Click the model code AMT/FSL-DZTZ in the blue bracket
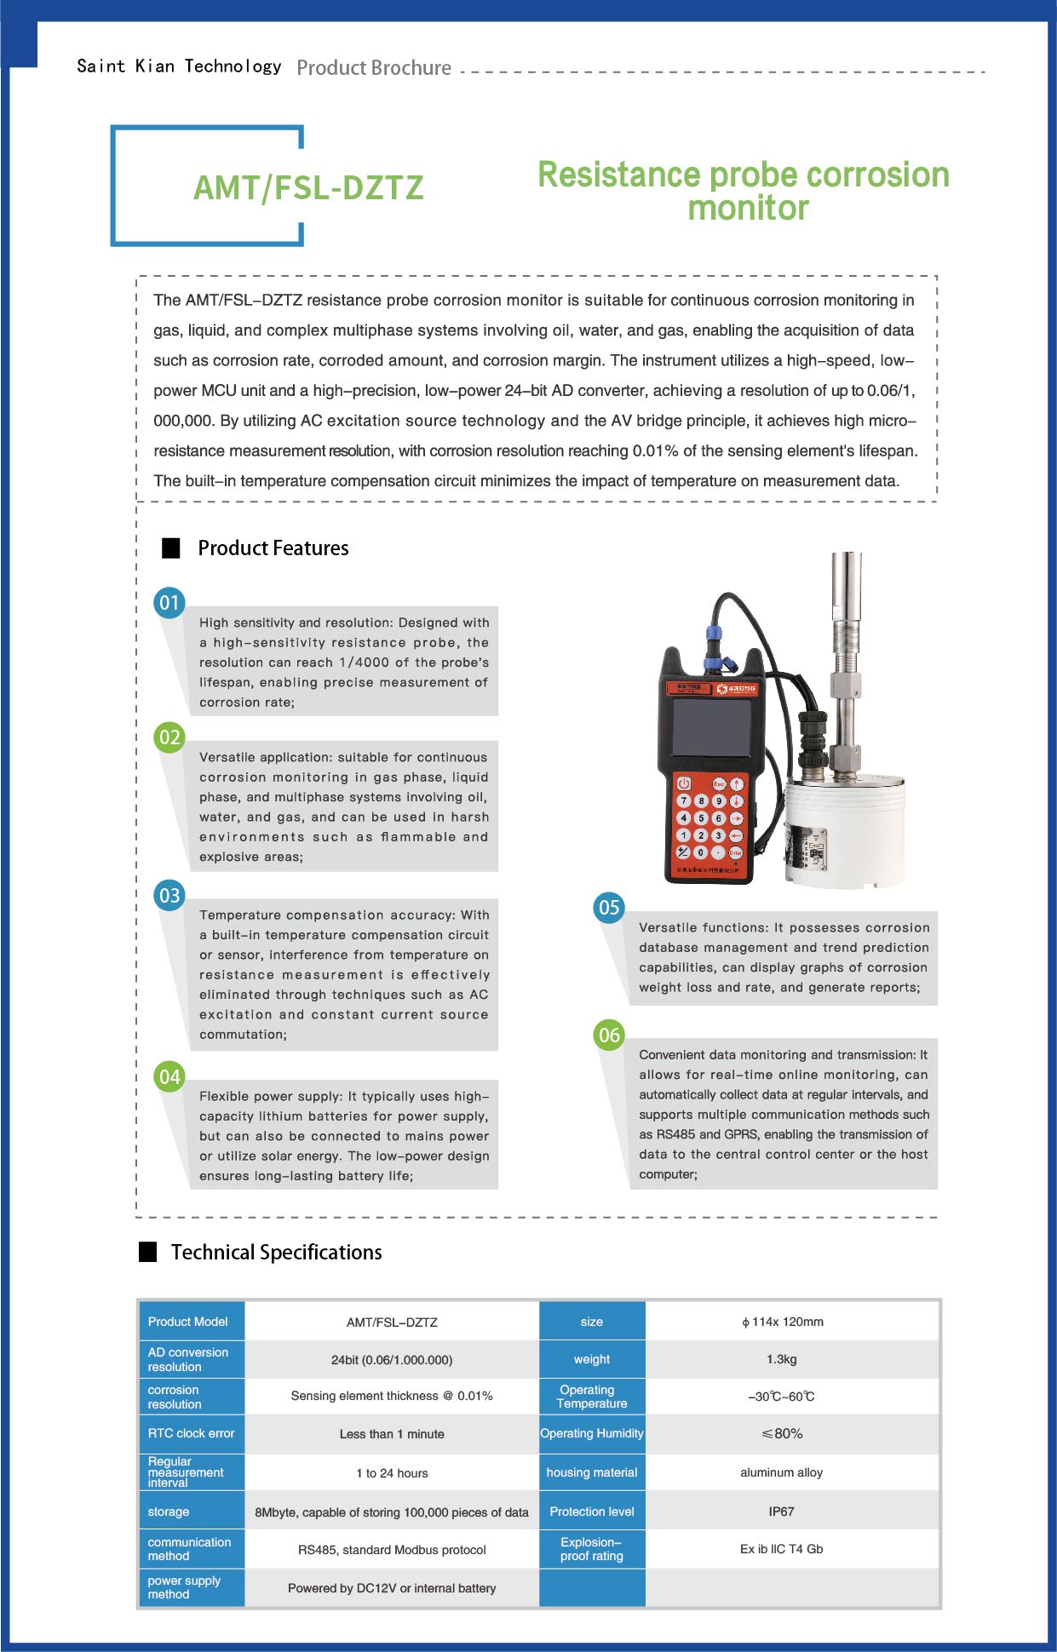click(308, 188)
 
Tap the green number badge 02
click(169, 737)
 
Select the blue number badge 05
click(609, 908)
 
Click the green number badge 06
click(609, 1035)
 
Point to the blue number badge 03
click(169, 896)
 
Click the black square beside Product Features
click(171, 548)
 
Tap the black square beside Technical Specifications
click(148, 1252)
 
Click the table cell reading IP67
click(781, 1511)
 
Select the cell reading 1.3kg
click(781, 1359)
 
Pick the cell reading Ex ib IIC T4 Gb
click(781, 1549)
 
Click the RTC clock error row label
click(191, 1433)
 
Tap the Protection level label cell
click(592, 1511)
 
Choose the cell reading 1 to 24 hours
click(392, 1473)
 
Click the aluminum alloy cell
click(781, 1472)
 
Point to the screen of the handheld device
click(710, 727)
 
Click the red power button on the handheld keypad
click(683, 783)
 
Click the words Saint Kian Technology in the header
click(179, 66)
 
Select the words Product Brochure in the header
click(374, 68)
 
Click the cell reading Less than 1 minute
click(392, 1434)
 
